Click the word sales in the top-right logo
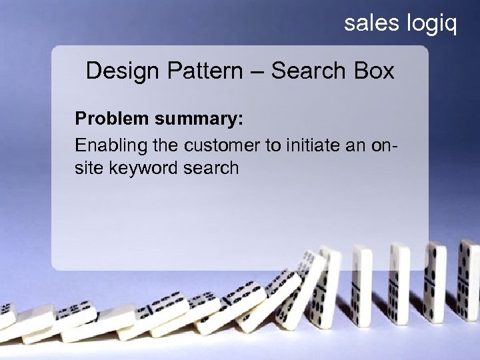(x=371, y=24)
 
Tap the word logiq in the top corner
(x=431, y=25)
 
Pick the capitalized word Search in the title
(x=307, y=71)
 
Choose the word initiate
(x=307, y=145)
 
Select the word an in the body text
(x=355, y=145)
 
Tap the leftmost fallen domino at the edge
(x=7, y=318)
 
